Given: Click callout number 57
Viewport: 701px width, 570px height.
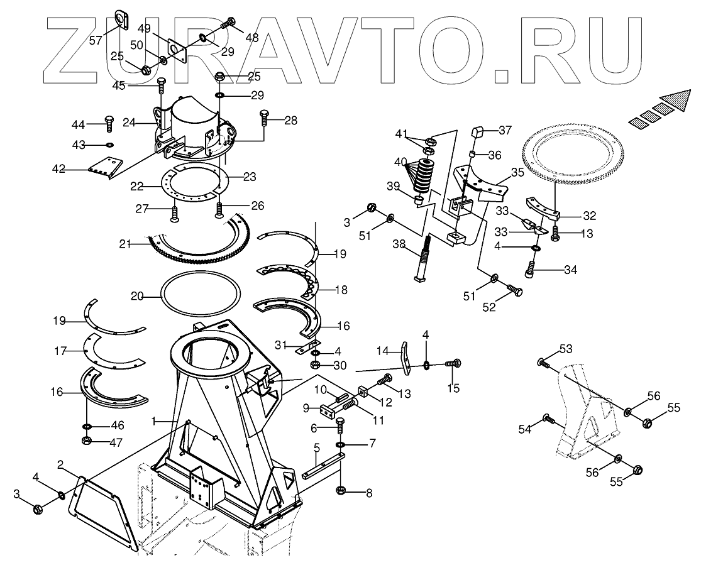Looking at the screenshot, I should pyautogui.click(x=95, y=41).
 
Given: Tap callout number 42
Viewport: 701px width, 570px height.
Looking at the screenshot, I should pyautogui.click(x=58, y=168).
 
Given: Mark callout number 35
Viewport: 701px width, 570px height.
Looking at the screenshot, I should pyautogui.click(x=517, y=172).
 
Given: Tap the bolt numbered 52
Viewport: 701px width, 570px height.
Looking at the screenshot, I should pyautogui.click(x=514, y=291).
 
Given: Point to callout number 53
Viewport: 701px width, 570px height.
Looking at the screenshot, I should pyautogui.click(x=566, y=348).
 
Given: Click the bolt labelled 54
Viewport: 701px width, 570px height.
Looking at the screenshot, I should pyautogui.click(x=548, y=419).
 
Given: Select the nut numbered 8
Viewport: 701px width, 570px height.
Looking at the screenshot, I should pyautogui.click(x=340, y=491).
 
